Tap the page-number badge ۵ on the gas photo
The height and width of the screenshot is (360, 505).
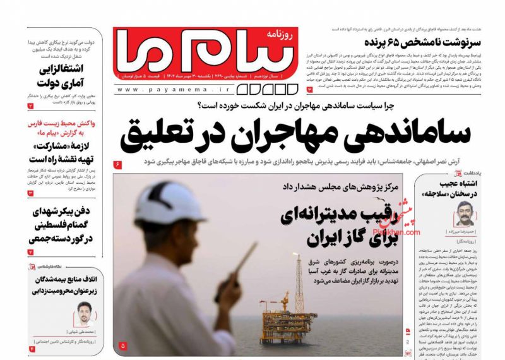(x=122, y=345)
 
